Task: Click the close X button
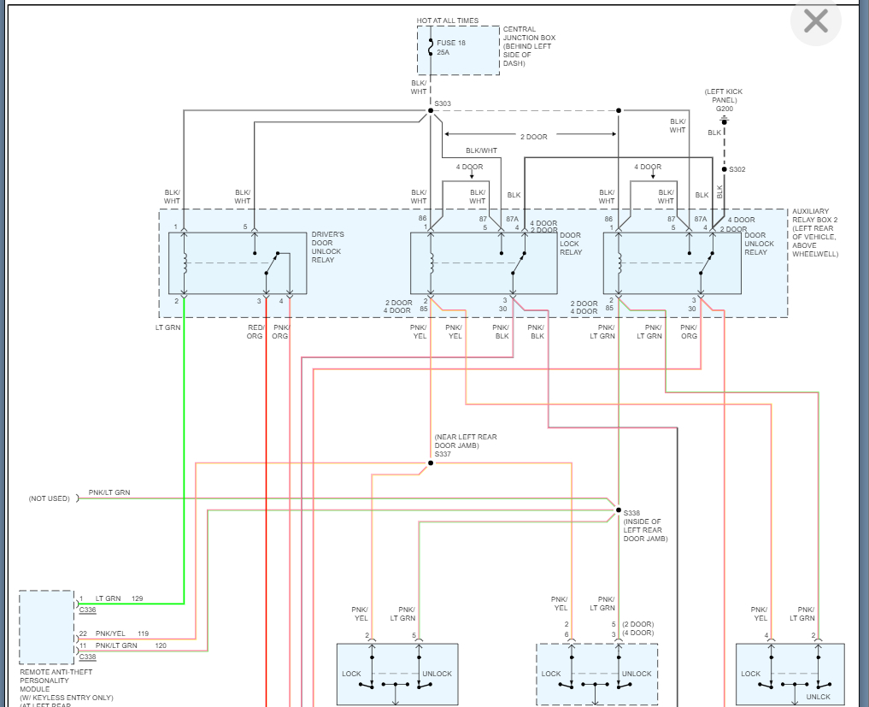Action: point(816,21)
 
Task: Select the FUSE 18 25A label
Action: point(450,47)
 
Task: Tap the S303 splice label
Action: point(443,104)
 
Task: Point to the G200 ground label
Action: point(724,109)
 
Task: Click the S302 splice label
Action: point(737,169)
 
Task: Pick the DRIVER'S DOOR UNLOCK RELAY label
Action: point(327,247)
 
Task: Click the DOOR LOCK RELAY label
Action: point(570,244)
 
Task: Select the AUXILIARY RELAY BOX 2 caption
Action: point(815,233)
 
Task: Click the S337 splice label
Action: point(443,454)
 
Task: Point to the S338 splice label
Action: point(631,513)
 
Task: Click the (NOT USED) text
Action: point(50,498)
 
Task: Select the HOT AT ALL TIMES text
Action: point(448,21)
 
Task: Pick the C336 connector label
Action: point(87,610)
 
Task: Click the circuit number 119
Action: point(143,633)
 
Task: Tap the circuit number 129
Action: point(137,598)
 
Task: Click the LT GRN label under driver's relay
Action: point(167,327)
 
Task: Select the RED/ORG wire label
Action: point(255,332)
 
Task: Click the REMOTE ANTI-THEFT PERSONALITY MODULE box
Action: point(46,627)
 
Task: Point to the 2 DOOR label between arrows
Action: point(534,137)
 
